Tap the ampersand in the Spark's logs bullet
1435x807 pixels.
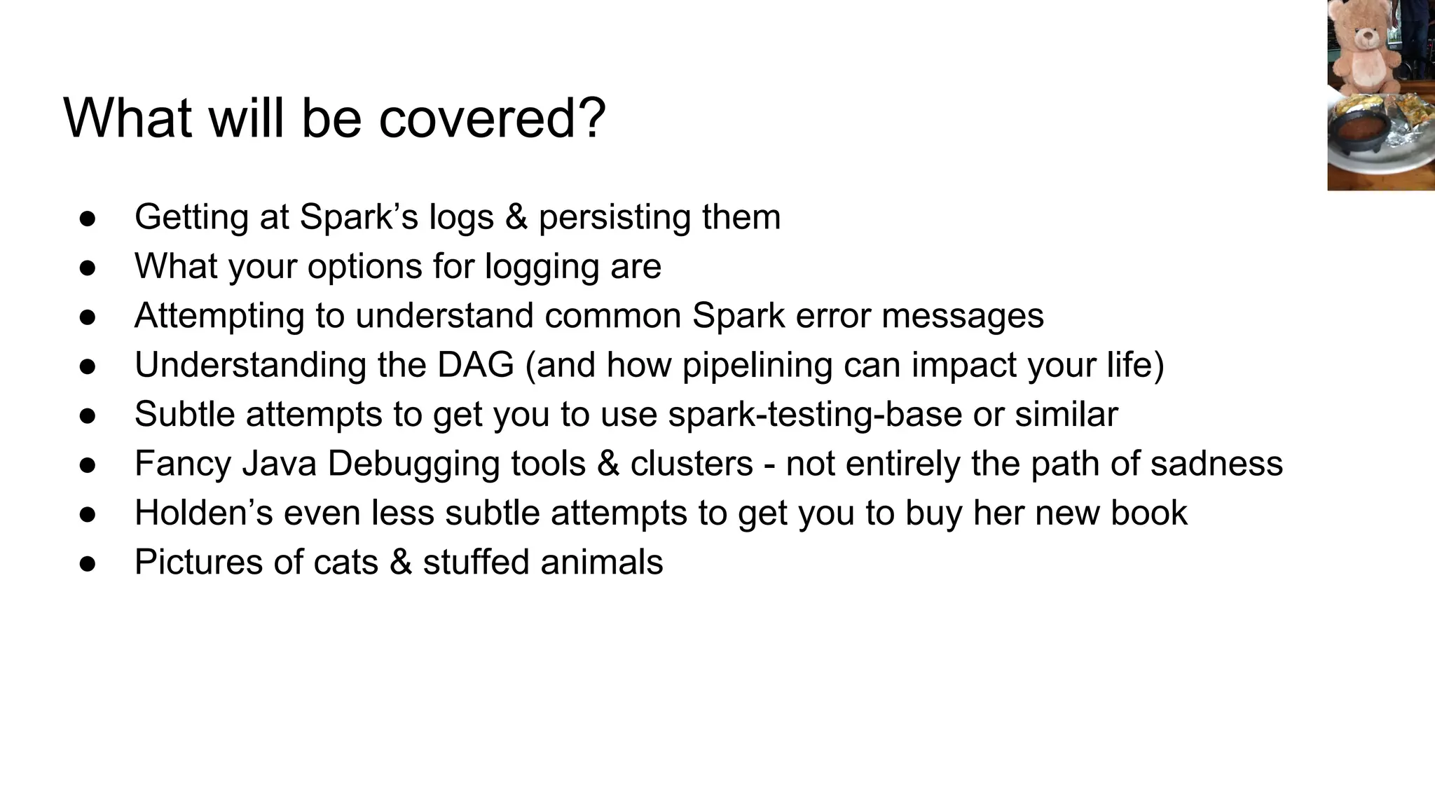(x=516, y=217)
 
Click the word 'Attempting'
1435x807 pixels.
(x=219, y=316)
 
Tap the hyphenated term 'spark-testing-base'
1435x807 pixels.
(x=815, y=415)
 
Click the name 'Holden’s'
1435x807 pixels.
(x=203, y=513)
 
